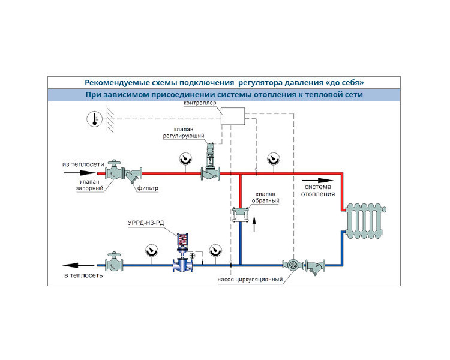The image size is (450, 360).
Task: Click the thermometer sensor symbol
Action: coord(94,119)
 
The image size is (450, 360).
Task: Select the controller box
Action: coord(233,116)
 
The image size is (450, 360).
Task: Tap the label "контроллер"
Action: coord(200,103)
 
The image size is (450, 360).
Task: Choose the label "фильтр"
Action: coord(148,188)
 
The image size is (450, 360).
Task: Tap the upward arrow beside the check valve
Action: coord(254,224)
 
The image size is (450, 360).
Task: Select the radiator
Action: coord(365,221)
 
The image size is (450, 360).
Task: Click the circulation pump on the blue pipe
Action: coord(293,265)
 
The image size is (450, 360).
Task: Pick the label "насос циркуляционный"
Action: coord(250,280)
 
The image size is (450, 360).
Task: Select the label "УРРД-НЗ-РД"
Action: coord(146,223)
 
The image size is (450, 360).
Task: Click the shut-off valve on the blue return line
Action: coord(114,262)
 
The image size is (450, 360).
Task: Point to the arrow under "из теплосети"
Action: coord(79,173)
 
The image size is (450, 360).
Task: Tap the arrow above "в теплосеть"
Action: coord(79,266)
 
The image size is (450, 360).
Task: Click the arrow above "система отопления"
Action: coord(317,181)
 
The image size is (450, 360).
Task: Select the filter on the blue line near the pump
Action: coord(315,266)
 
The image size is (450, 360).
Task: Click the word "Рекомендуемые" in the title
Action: coord(111,83)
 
